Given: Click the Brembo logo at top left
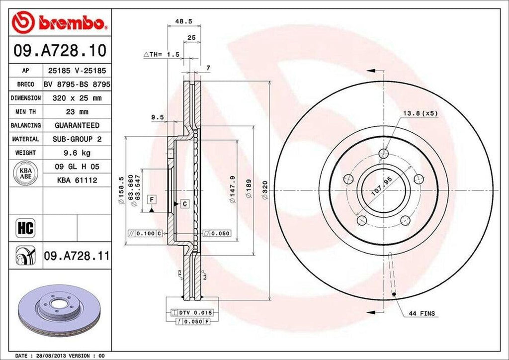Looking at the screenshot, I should [59, 22].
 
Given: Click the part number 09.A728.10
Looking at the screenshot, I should [58, 50].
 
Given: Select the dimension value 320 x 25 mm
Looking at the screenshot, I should [77, 98].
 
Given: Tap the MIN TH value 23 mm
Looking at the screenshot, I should [77, 112].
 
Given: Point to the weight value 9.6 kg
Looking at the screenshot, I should [77, 153].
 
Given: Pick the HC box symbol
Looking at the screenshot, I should [25, 228].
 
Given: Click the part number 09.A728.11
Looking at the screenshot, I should [76, 256].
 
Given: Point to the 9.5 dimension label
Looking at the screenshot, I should [158, 118].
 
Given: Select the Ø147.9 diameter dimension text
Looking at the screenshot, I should [232, 189].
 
